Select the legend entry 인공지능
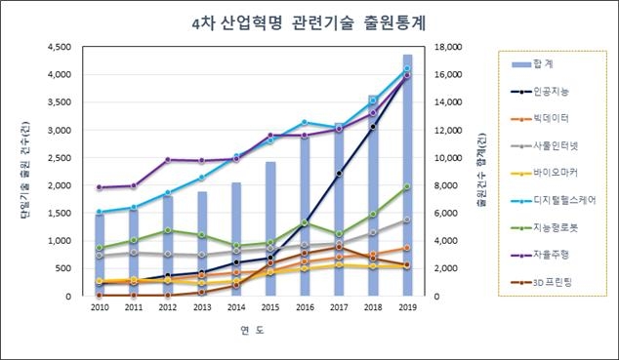tap(552, 91)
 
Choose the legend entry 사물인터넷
tap(555, 145)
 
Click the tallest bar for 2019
tap(407, 176)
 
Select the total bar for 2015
tap(270, 229)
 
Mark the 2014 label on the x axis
tap(236, 307)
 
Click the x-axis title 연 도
tap(253, 331)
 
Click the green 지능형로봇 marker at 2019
tap(407, 187)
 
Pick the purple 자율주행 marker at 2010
tap(100, 187)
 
